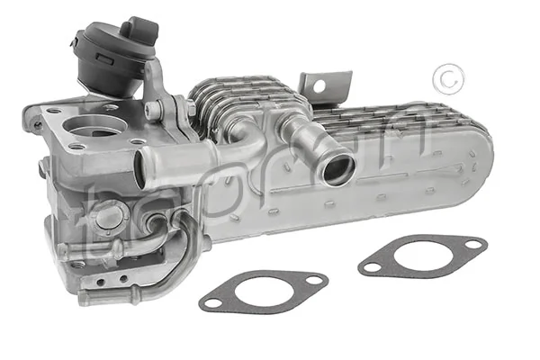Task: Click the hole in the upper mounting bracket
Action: pos(317,86)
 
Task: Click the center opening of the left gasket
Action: pos(263,291)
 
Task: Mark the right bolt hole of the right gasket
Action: pos(472,243)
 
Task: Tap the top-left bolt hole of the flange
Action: pos(55,112)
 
